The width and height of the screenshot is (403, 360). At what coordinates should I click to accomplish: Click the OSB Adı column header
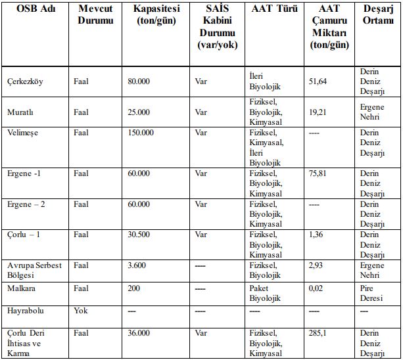(x=35, y=11)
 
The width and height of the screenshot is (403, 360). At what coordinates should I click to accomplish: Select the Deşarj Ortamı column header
(x=379, y=16)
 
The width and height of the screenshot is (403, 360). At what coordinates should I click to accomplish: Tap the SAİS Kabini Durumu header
(x=217, y=28)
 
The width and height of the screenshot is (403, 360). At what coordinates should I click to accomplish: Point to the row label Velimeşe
(x=22, y=133)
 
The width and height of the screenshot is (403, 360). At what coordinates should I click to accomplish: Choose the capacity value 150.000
(x=141, y=133)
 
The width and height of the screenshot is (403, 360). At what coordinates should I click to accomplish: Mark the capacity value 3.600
(x=137, y=265)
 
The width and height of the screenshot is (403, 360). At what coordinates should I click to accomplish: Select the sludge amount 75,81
(x=318, y=173)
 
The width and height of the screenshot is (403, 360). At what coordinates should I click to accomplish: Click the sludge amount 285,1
(x=318, y=333)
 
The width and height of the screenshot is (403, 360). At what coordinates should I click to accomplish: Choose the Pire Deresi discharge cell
(x=371, y=293)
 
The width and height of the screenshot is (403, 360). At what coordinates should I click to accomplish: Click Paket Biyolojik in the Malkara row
(x=266, y=293)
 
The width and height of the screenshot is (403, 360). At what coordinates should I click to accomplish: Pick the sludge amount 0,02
(x=316, y=288)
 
